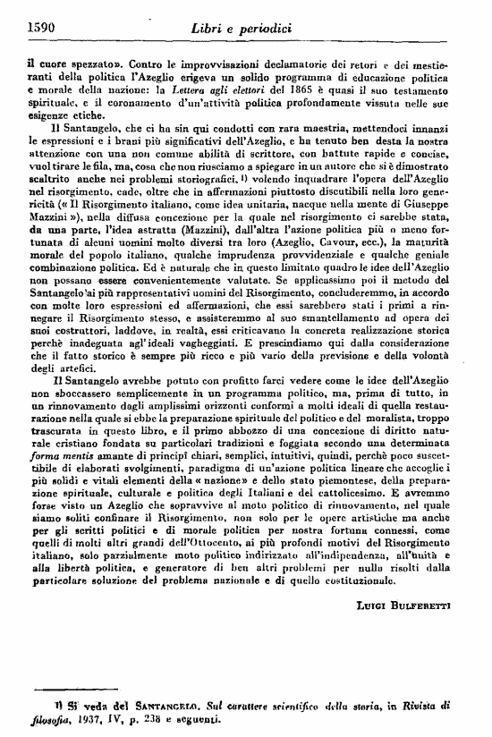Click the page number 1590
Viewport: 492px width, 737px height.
(35, 29)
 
